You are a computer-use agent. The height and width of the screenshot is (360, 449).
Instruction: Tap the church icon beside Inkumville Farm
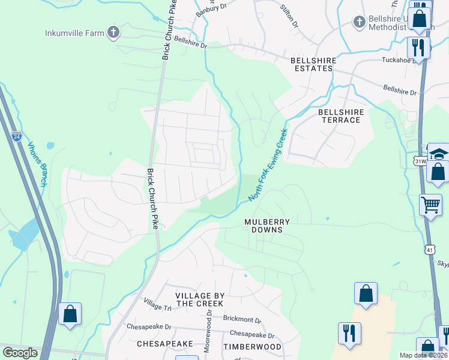click(112, 32)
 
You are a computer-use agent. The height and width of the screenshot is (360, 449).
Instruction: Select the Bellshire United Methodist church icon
click(359, 22)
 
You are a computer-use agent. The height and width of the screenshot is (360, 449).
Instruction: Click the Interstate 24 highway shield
click(16, 137)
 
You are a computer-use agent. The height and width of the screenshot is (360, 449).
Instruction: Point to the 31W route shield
click(420, 161)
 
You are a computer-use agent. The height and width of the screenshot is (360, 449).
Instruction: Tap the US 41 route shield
click(430, 248)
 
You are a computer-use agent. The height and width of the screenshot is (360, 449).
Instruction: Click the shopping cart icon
click(430, 205)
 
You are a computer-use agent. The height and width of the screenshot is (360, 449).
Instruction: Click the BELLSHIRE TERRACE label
click(340, 116)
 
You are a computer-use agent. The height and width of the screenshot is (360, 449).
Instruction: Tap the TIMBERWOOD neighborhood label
click(252, 347)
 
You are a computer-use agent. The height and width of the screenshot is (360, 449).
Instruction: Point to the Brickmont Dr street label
click(242, 320)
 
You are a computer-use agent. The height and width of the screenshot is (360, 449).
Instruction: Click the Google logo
click(20, 353)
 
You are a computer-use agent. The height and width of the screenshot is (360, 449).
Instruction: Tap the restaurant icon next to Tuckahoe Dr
click(418, 47)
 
